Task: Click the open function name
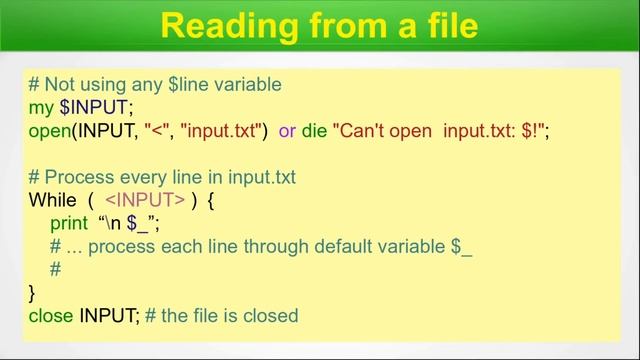tap(50, 130)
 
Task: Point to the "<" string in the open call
tap(159, 130)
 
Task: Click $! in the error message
tap(527, 130)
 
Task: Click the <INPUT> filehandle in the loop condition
tap(145, 200)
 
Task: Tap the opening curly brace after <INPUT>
tap(211, 200)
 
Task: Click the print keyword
tap(69, 223)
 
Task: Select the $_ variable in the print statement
tap(138, 223)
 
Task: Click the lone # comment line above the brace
tap(55, 269)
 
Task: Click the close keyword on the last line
tap(51, 315)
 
